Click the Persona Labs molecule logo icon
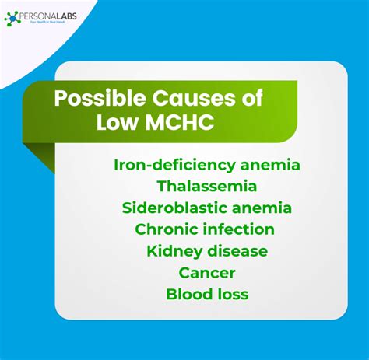[12, 16]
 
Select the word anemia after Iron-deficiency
[265, 165]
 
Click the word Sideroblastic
[170, 208]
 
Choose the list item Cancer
[206, 274]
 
